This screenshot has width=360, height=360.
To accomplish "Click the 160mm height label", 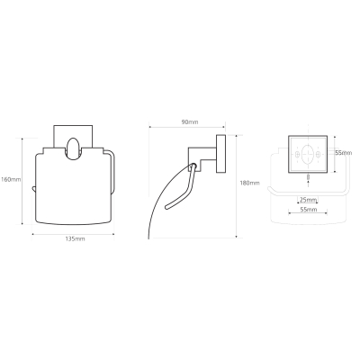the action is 11,179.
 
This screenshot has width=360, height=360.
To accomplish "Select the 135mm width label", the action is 75,238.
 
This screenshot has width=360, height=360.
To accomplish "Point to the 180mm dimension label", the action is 249,183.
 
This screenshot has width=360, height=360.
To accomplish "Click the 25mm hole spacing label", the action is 308,200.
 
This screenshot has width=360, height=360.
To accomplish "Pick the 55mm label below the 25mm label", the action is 308,210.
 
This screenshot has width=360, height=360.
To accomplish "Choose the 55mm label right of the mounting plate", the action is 344,153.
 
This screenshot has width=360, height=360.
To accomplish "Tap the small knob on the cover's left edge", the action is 34,189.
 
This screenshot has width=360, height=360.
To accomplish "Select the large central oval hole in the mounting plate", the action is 308,154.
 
